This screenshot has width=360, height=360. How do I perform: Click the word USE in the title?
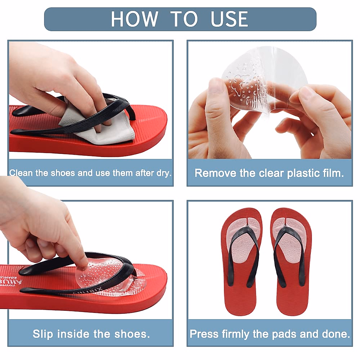tap(229, 19)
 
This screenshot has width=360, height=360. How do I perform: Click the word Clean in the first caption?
tap(21, 173)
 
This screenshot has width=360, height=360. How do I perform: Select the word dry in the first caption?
tap(163, 173)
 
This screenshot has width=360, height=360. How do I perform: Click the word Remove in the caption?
tap(215, 173)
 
